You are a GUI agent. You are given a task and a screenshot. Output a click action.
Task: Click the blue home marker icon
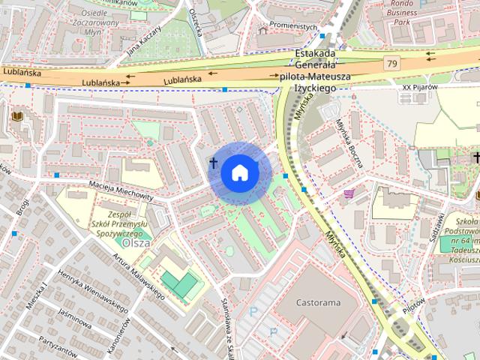[238, 172]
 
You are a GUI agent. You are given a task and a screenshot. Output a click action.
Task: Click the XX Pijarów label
[418, 87]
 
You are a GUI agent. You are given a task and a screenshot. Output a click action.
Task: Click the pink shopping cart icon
[349, 193]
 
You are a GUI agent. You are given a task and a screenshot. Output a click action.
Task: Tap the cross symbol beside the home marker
[214, 162]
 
